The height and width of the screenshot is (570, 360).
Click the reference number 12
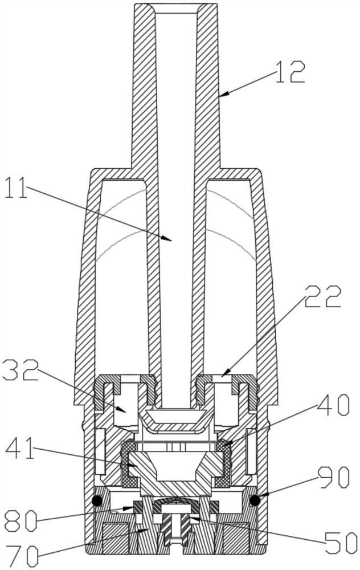tap(290, 72)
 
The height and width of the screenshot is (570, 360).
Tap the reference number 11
tap(16, 187)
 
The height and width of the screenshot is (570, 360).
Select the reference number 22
tap(324, 296)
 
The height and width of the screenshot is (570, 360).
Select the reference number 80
tap(21, 522)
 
